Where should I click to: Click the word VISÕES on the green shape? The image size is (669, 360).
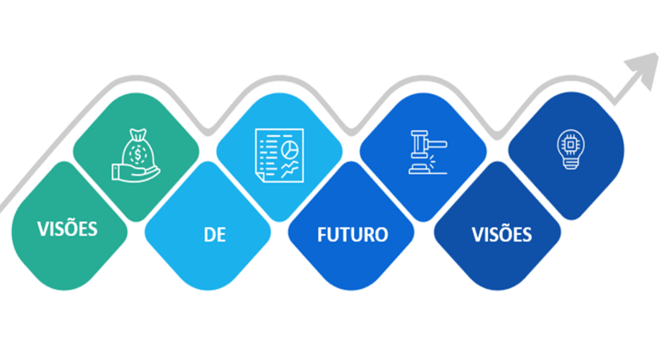point(67,229)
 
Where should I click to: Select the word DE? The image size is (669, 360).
point(214,234)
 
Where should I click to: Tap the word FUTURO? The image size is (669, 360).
point(352,234)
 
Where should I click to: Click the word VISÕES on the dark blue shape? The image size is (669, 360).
point(502,234)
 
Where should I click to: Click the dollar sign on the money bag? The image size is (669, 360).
point(138,158)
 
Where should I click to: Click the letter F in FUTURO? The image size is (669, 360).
point(322,234)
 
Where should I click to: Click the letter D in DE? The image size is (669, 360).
point(208,234)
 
